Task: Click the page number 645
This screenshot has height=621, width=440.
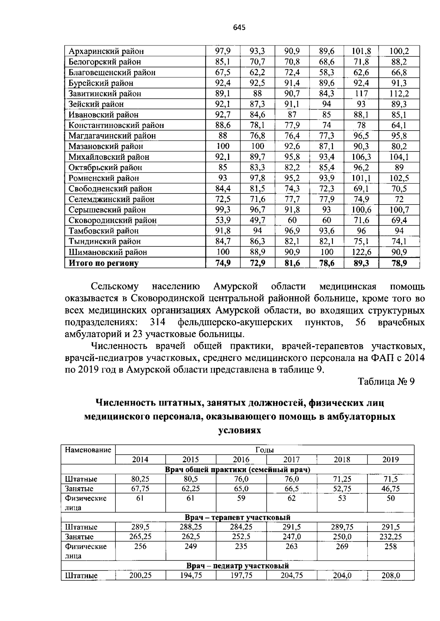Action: point(239,27)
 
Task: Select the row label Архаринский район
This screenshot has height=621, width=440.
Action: point(106,51)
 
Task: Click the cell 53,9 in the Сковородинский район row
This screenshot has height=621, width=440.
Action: point(223,220)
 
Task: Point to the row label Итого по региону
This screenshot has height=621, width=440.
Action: point(104,263)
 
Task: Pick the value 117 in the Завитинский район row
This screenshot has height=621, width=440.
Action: point(361,93)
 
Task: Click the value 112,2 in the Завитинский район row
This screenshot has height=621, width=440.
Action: point(399,93)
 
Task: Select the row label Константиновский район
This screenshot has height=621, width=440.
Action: point(116,125)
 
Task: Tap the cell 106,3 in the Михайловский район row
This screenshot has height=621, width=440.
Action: point(361,157)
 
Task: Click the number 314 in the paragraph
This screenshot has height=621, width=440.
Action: point(158,322)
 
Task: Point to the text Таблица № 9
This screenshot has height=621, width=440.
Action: point(386,382)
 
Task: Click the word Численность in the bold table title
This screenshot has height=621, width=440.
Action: point(125,403)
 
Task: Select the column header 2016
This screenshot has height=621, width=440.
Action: point(241,460)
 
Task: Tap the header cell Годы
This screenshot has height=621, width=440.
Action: point(264,450)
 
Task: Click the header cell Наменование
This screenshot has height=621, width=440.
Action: point(88,450)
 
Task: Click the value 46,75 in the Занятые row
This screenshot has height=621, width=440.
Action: point(390,489)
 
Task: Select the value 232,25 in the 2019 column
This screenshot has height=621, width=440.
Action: point(390,537)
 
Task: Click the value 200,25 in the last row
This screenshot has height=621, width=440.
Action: point(140,576)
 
